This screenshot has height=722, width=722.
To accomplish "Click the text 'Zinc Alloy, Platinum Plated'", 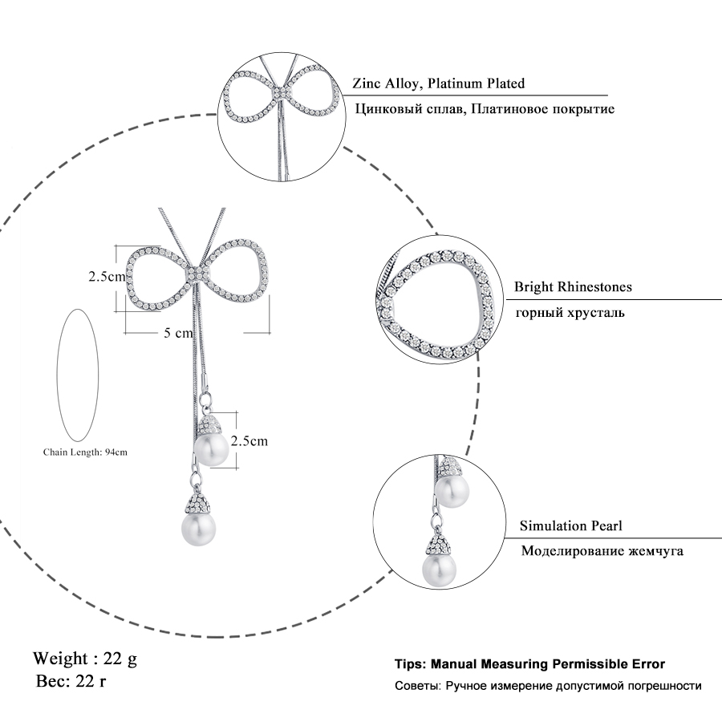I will click(x=439, y=83).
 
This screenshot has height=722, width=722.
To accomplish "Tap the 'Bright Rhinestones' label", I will click(x=573, y=286).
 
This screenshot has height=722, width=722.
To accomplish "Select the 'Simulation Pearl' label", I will click(x=570, y=526).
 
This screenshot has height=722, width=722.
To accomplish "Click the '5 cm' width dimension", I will click(x=178, y=332).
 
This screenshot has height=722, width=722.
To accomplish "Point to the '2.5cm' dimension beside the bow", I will click(x=107, y=278).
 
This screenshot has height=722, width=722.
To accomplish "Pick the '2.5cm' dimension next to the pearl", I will click(x=249, y=440).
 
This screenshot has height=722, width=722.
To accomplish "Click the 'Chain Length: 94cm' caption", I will click(x=85, y=452).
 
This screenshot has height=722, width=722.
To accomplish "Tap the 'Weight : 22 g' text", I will click(x=85, y=659).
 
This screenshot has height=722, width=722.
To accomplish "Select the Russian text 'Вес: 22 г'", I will click(x=71, y=682).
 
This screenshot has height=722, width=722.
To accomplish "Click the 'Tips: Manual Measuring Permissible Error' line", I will click(x=529, y=665).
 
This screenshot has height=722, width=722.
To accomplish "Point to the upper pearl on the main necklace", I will click(x=213, y=449).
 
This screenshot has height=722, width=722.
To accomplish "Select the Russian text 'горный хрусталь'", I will click(x=570, y=312).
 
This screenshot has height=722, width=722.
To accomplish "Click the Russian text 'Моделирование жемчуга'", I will click(x=602, y=552).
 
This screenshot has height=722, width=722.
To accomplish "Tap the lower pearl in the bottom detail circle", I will click(x=439, y=570).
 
